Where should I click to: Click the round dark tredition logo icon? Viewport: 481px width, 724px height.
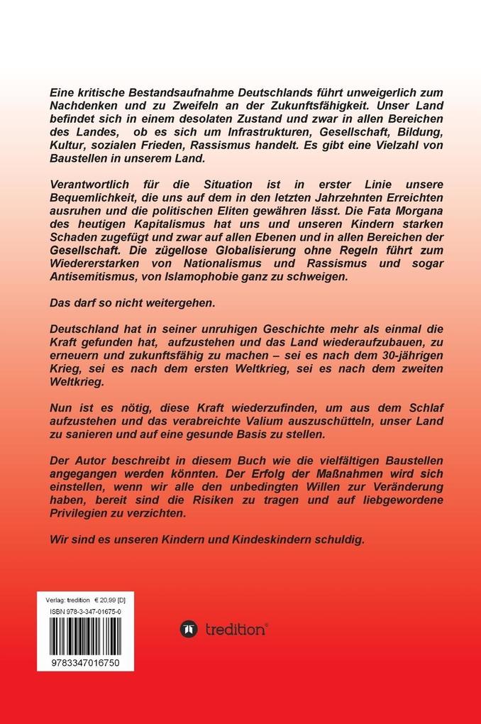189,629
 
